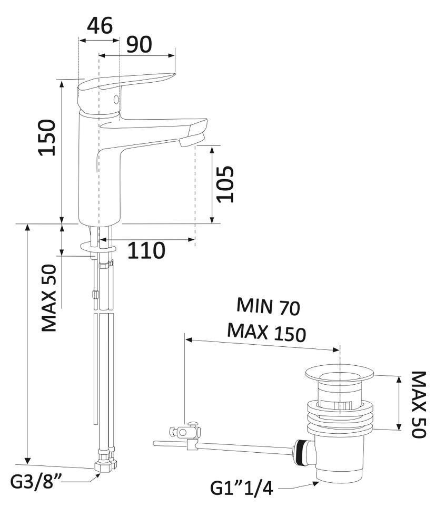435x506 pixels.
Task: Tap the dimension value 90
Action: click(x=139, y=44)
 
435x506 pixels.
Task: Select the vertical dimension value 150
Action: click(x=47, y=138)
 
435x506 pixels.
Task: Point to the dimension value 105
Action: click(x=225, y=184)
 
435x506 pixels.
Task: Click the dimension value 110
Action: click(x=146, y=250)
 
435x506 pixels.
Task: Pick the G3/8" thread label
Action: click(x=36, y=482)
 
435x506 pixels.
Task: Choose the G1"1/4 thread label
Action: click(x=242, y=489)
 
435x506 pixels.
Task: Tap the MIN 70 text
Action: click(x=268, y=306)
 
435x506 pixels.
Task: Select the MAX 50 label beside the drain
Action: click(x=419, y=404)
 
